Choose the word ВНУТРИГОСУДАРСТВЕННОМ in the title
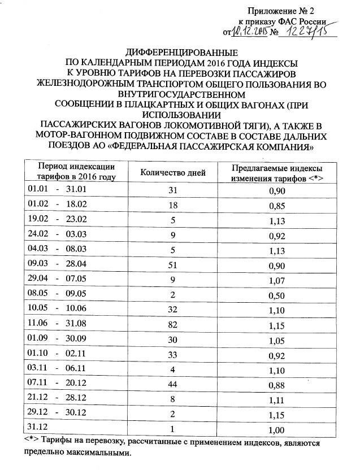[180, 94]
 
